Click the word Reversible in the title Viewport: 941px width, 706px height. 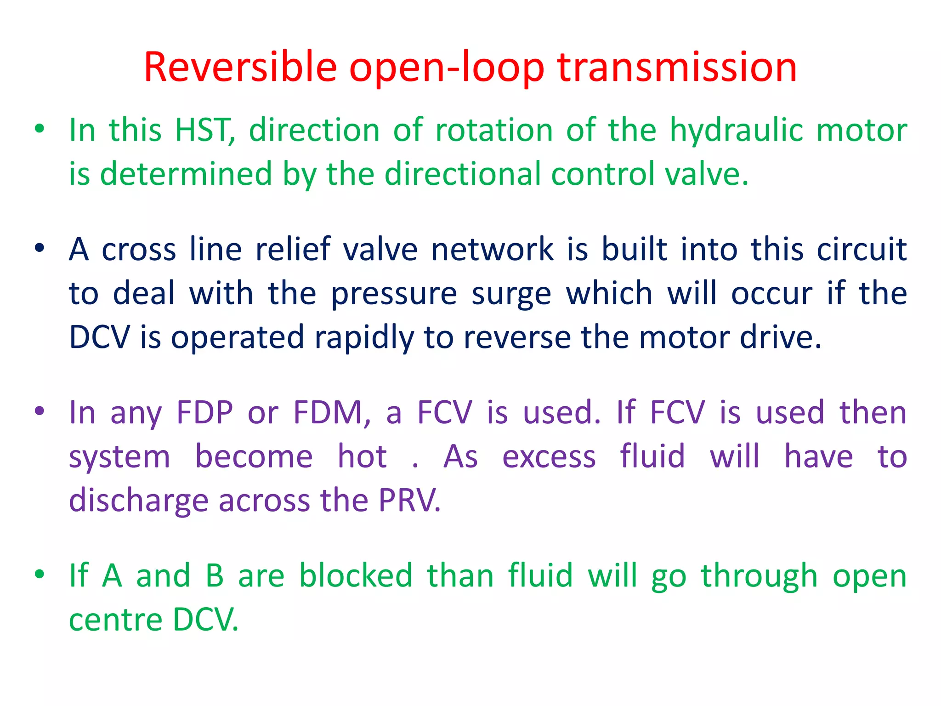(240, 67)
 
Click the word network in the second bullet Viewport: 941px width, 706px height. (492, 250)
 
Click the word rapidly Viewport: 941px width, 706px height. (364, 338)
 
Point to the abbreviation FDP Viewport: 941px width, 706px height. (204, 412)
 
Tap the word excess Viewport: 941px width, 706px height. (549, 457)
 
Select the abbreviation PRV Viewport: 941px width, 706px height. (409, 500)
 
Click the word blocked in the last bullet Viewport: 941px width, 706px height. (356, 575)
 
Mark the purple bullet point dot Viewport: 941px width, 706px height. (40, 410)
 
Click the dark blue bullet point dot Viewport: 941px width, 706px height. (40, 248)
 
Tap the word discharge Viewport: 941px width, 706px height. (138, 501)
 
